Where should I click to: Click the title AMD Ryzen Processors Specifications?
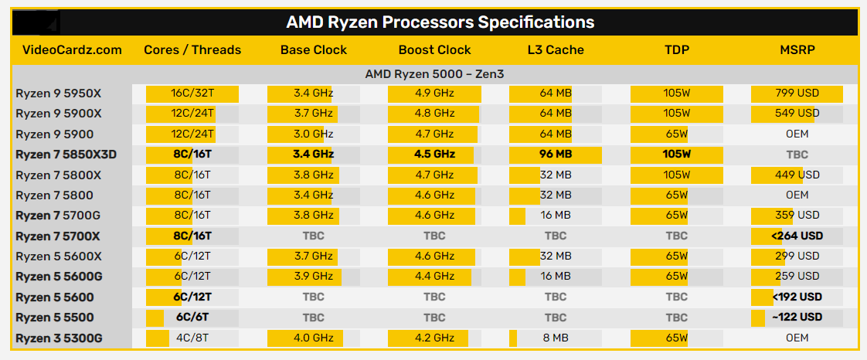(x=440, y=22)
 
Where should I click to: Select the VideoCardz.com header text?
(x=73, y=50)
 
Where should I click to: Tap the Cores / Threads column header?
(x=192, y=50)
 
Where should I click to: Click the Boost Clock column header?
(x=434, y=50)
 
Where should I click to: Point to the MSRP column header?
(x=797, y=50)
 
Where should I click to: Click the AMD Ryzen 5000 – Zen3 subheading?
(x=434, y=74)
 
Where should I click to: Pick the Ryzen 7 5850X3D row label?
(x=66, y=155)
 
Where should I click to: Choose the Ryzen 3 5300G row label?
(x=59, y=338)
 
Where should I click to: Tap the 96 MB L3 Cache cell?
(x=556, y=155)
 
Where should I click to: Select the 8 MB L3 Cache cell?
(x=556, y=338)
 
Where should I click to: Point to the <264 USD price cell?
(x=797, y=236)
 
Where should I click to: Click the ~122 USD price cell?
(x=797, y=317)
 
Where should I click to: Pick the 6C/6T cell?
(x=192, y=317)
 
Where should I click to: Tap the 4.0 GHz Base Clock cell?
(x=313, y=338)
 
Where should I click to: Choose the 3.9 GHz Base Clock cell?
(x=313, y=277)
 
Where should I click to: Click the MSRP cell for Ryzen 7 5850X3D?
(x=797, y=155)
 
